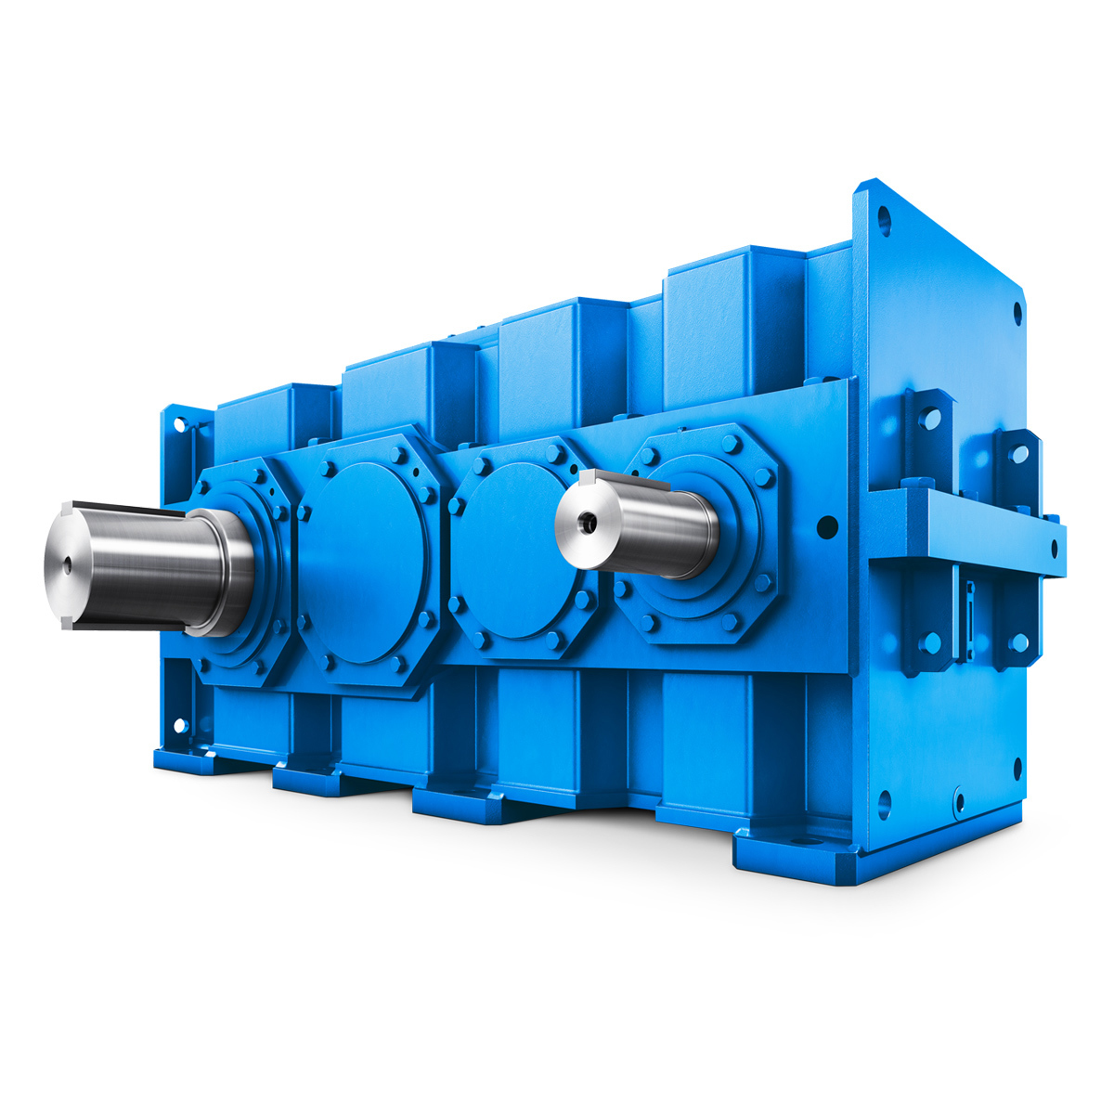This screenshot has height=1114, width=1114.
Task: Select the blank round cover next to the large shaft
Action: (x=364, y=563)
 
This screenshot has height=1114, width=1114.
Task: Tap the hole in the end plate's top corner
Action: (x=884, y=219)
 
